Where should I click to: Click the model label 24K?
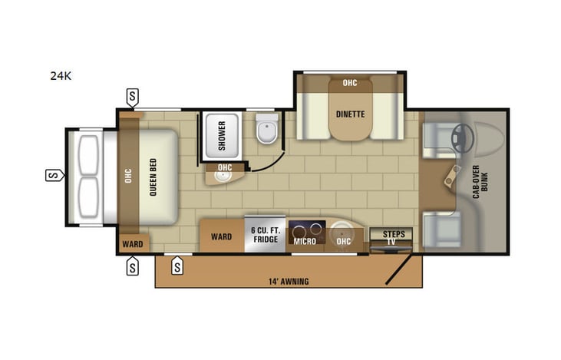[61, 76]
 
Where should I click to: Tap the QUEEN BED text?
[153, 176]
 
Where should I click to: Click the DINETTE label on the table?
[350, 114]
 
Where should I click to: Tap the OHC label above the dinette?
[350, 82]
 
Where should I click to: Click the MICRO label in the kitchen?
[305, 241]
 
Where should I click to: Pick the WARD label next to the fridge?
[221, 237]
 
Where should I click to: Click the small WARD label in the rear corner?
[131, 245]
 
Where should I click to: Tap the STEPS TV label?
[392, 237]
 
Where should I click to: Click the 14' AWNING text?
[289, 282]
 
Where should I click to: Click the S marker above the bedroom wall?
[133, 97]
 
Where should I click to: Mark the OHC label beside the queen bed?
[128, 176]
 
